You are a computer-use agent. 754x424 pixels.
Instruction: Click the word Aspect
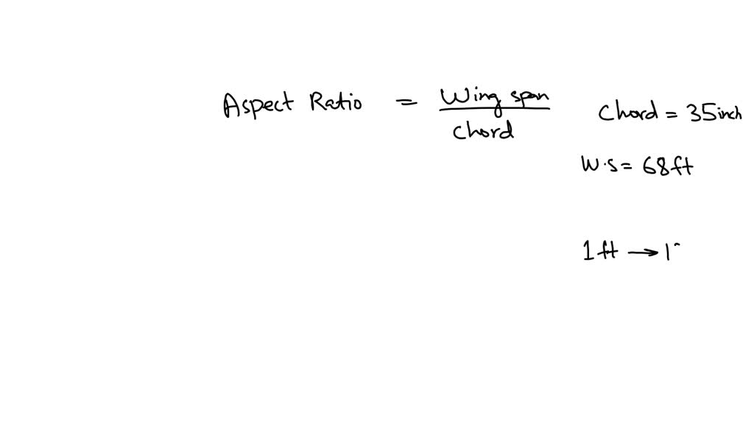(258, 105)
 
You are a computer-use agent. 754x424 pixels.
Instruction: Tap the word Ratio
(336, 102)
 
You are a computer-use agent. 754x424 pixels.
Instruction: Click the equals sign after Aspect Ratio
(406, 102)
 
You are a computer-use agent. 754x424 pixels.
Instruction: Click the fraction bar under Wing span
(494, 109)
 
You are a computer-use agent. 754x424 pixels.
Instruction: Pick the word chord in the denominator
(483, 130)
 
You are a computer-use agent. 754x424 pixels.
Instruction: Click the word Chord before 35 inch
(628, 112)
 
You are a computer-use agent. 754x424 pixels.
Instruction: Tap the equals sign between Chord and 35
(672, 114)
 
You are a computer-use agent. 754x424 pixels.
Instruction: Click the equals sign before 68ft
(627, 166)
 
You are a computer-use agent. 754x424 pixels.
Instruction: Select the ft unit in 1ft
(607, 250)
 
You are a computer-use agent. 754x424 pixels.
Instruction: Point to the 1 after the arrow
(668, 252)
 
